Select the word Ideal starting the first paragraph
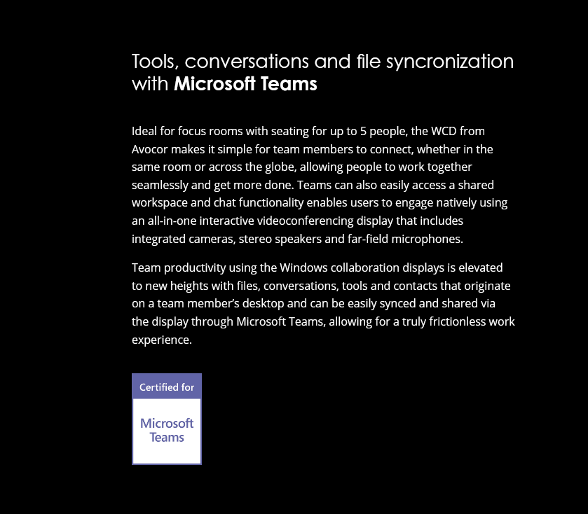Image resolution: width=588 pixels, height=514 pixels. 144,131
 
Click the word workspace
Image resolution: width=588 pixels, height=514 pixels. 159,203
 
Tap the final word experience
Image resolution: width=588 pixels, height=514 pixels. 161,340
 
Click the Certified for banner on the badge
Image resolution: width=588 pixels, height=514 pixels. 167,387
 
